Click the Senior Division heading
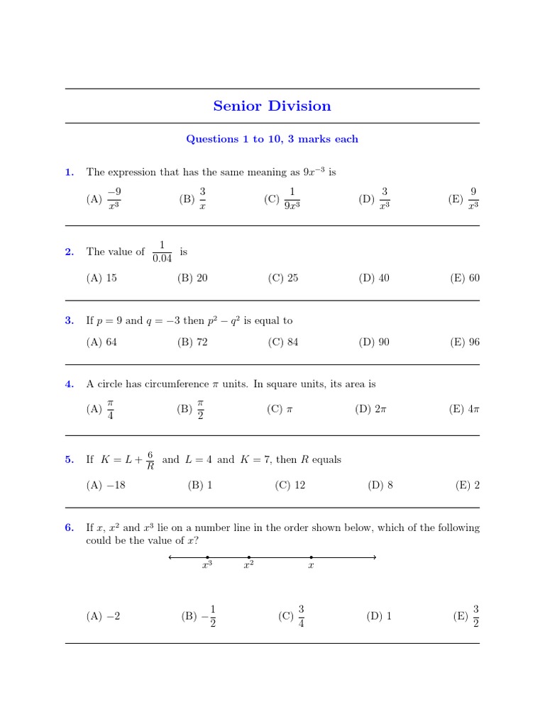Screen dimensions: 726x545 click(272, 106)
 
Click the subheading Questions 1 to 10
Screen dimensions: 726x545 click(272, 139)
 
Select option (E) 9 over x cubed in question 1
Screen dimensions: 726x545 click(465, 199)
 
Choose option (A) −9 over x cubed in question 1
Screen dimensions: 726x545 click(106, 199)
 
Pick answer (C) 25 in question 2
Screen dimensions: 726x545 click(283, 278)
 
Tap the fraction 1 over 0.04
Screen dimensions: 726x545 click(162, 252)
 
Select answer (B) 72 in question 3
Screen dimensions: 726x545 click(192, 342)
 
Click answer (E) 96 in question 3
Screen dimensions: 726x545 click(465, 342)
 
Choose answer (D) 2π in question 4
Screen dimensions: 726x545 click(372, 409)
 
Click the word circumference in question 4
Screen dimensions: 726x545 click(175, 384)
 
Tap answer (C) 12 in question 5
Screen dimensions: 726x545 click(290, 486)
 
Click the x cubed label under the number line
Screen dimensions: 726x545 click(207, 566)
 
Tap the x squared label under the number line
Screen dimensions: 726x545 click(248, 566)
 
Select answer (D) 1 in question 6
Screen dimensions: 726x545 click(379, 616)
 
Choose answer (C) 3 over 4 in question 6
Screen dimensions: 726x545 click(292, 616)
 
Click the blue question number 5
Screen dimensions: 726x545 click(69, 459)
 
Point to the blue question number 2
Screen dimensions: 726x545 click(69, 252)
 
